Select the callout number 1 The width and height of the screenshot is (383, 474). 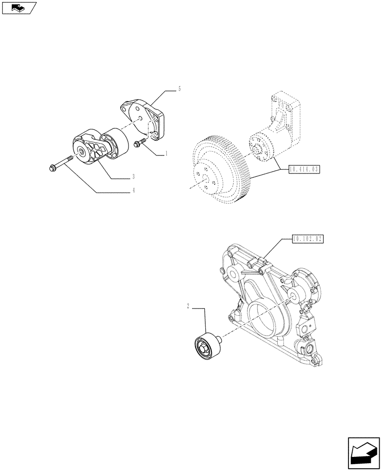point(167,154)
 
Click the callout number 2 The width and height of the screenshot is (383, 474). point(188,307)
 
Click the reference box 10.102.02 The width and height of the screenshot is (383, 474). point(308,239)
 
